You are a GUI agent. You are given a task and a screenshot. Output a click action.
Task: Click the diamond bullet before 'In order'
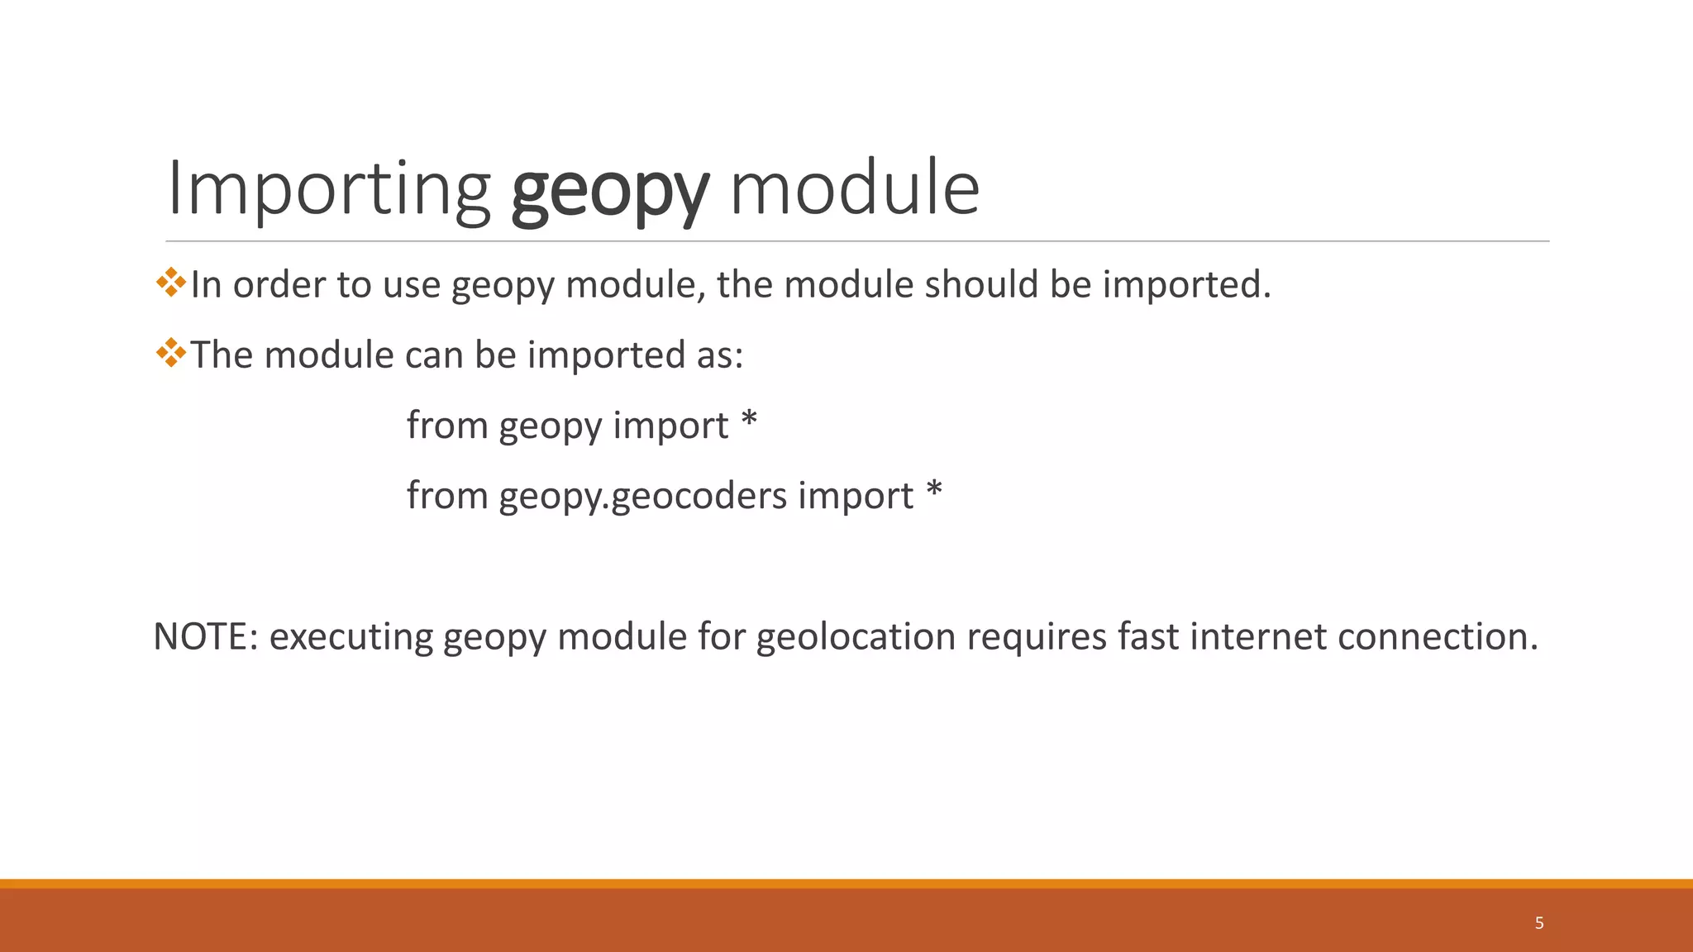(171, 283)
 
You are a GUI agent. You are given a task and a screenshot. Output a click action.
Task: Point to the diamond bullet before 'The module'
(171, 353)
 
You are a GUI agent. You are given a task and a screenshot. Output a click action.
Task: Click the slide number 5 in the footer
(1539, 923)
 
